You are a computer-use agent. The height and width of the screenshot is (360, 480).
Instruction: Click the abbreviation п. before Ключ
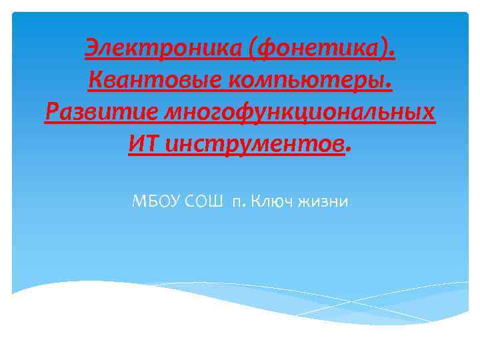239,201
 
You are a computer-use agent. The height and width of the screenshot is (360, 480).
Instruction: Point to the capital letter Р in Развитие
51,111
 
